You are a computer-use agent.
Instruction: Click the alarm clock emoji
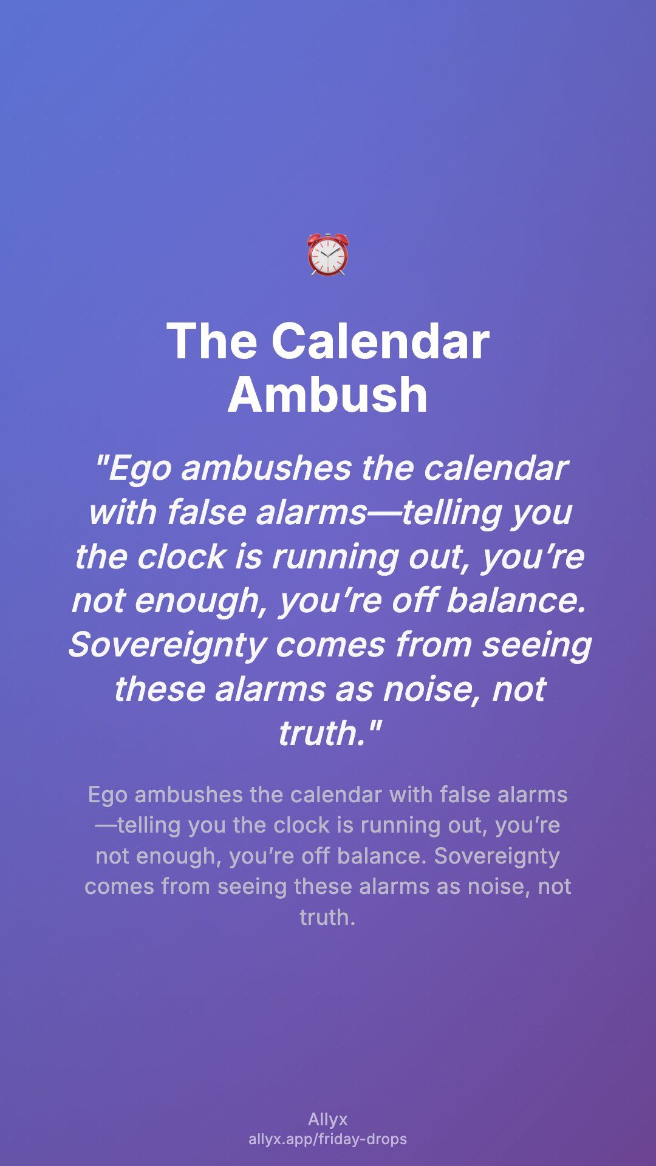coord(328,254)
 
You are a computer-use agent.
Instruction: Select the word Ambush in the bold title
coord(328,394)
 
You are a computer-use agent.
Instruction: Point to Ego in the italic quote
coord(140,469)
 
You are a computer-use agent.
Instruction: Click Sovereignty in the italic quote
coord(167,645)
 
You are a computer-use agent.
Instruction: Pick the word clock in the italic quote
coord(182,557)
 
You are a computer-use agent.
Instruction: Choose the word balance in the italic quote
coord(516,601)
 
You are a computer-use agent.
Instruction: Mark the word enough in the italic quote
coord(200,602)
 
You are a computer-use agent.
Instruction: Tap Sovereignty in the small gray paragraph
coord(497,856)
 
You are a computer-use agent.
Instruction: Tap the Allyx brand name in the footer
coord(328,1119)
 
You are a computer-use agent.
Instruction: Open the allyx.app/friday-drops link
coord(328,1139)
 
